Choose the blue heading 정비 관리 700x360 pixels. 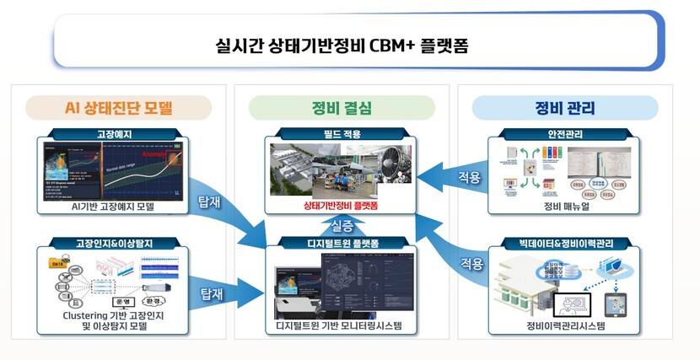pyautogui.click(x=564, y=108)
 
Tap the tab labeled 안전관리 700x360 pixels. pyautogui.click(x=564, y=134)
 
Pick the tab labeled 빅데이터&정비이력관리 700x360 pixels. pyautogui.click(x=564, y=244)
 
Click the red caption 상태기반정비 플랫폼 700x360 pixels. pyautogui.click(x=341, y=204)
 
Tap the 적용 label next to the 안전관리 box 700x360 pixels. pyautogui.click(x=470, y=179)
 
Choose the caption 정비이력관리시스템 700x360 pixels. pyautogui.click(x=564, y=325)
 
